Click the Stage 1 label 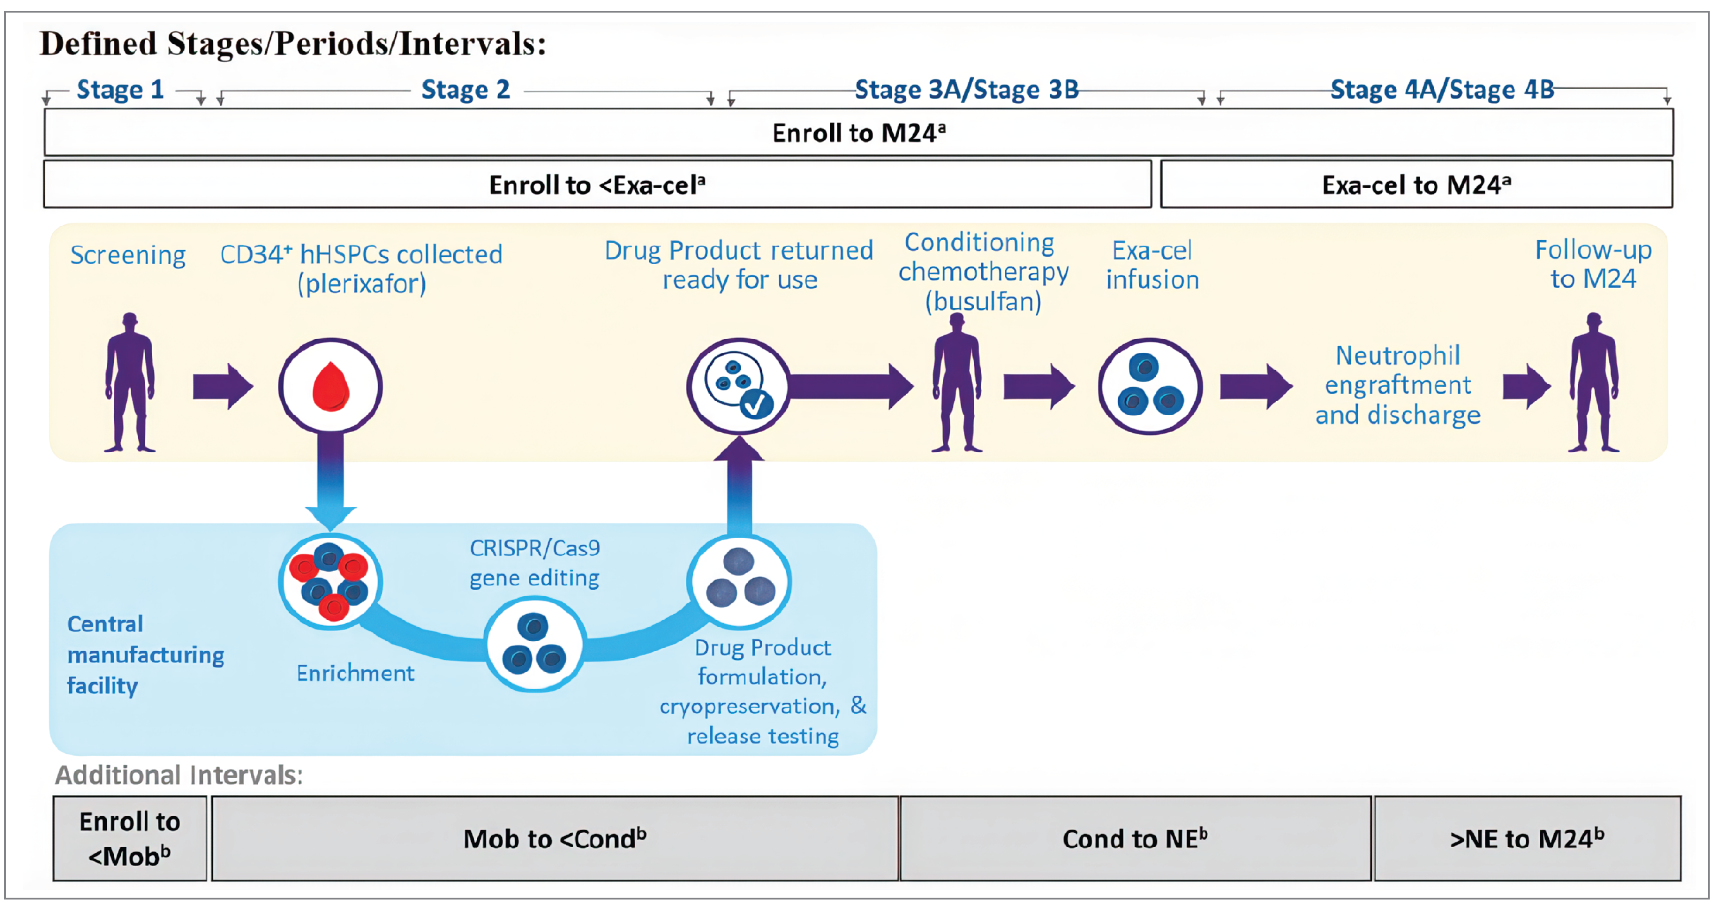[x=120, y=89]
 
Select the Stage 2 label [x=465, y=89]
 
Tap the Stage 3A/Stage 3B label [x=966, y=89]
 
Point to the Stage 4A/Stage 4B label [x=1442, y=89]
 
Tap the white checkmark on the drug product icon [x=756, y=403]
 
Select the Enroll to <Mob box [x=130, y=839]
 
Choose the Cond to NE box [x=1135, y=839]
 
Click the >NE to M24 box [x=1527, y=839]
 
